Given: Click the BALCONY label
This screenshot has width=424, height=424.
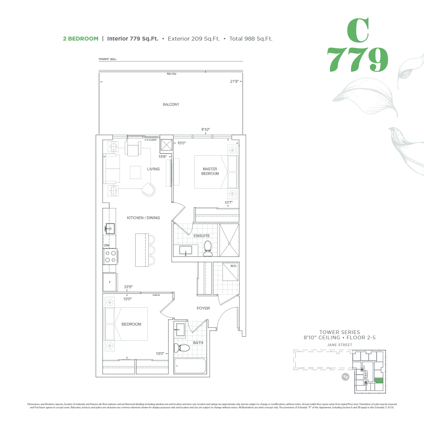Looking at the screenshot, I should [x=171, y=104].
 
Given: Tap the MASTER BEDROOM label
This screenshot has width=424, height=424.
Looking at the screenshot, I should [x=210, y=171].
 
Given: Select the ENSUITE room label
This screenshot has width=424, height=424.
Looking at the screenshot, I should [x=202, y=236].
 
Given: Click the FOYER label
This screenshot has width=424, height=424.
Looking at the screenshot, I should [x=203, y=308].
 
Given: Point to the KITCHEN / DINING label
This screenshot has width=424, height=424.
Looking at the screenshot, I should [x=143, y=218].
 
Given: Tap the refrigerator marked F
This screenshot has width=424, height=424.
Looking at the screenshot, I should [x=110, y=282].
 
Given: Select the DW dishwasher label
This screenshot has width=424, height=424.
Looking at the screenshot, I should [x=107, y=245].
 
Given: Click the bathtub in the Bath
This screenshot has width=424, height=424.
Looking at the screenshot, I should [x=190, y=366].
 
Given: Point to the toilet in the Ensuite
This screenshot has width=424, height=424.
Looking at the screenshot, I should [x=208, y=249].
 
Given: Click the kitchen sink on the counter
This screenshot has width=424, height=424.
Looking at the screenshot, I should [x=110, y=228].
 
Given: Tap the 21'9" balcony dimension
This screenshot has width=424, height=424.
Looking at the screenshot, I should [x=234, y=81].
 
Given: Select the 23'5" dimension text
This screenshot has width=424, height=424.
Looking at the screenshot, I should [x=128, y=287].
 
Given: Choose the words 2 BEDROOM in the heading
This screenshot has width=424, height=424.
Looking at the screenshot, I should [x=80, y=39].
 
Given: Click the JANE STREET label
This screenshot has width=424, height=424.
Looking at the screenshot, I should [x=340, y=345].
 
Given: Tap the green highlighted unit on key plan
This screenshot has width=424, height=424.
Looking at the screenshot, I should [x=379, y=380].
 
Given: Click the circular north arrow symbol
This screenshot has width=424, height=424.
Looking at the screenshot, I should [x=345, y=377].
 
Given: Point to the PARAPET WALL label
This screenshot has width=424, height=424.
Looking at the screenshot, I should [x=108, y=59].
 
